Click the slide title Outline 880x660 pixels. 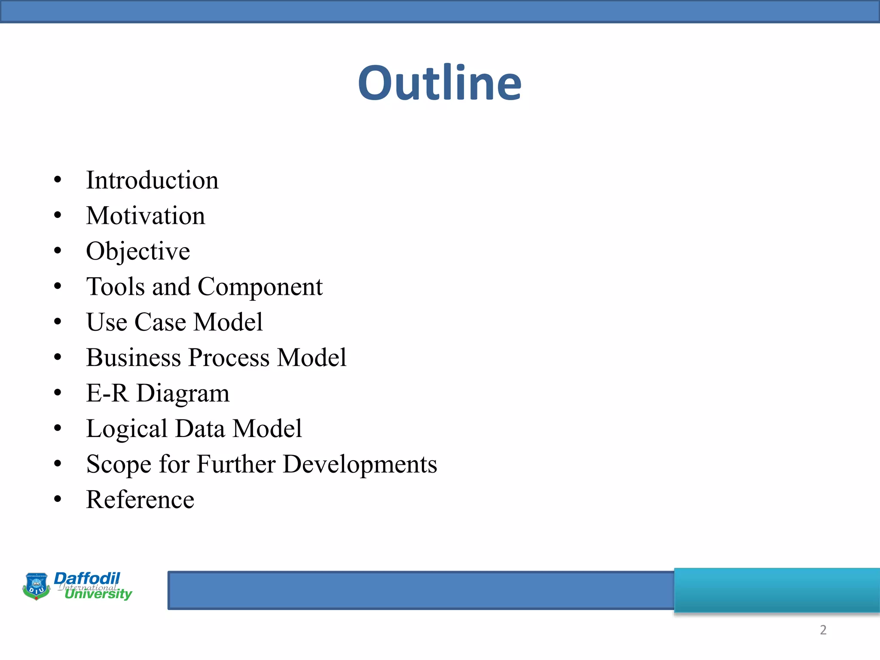[440, 83]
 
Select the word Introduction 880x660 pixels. [152, 180]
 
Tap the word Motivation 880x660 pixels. [145, 216]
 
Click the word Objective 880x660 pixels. [138, 251]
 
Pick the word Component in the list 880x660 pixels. [260, 287]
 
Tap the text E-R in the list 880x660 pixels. [107, 393]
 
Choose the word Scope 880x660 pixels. [119, 465]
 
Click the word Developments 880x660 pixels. [360, 465]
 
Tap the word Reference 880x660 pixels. [140, 500]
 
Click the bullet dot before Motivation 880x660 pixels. [58, 215]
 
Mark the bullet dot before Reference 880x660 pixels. [58, 499]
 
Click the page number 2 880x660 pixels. [823, 630]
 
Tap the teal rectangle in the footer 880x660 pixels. [777, 590]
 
